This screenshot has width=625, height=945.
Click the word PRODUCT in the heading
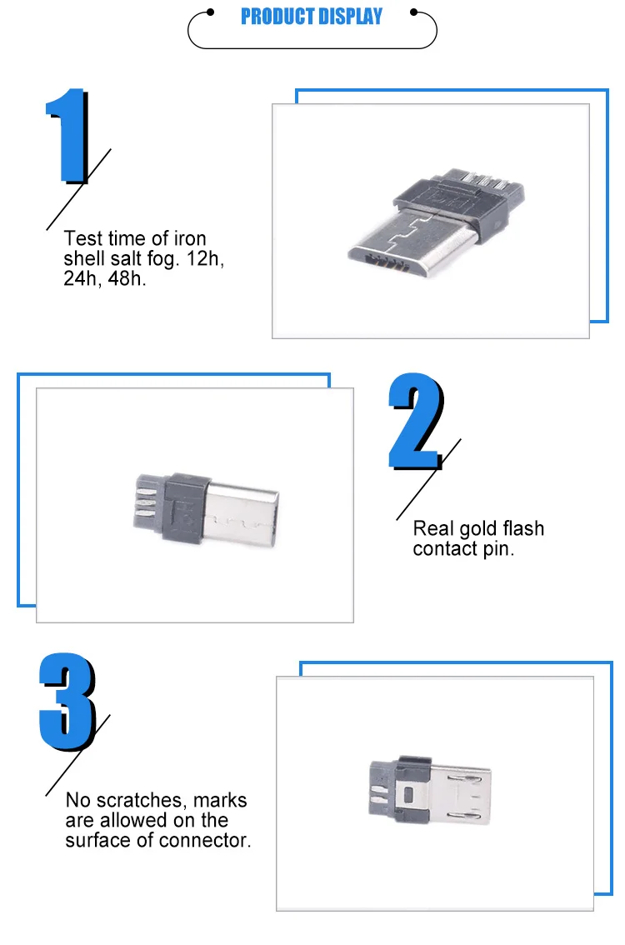(275, 17)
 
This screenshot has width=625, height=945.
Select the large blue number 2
(415, 423)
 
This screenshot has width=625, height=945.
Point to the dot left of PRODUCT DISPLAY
(211, 12)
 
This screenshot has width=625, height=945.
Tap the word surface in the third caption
(101, 840)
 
